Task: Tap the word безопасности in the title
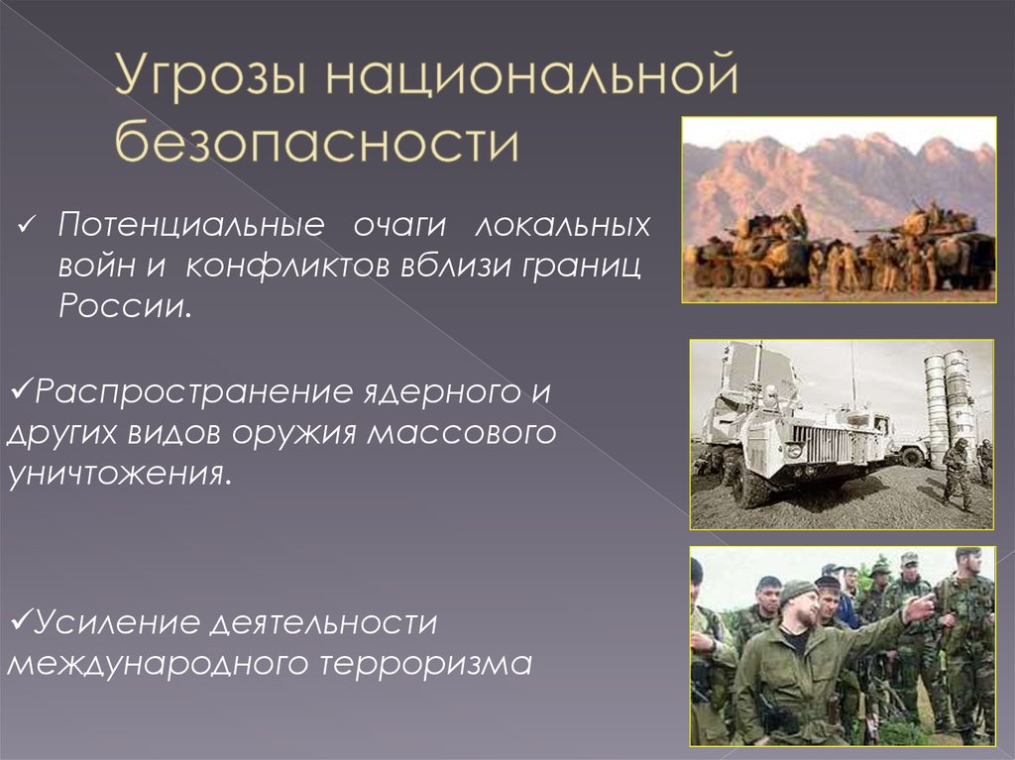(317, 140)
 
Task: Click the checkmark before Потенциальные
(26, 226)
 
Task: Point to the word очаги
(400, 225)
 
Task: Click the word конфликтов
(286, 266)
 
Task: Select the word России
(125, 305)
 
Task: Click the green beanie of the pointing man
(798, 590)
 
